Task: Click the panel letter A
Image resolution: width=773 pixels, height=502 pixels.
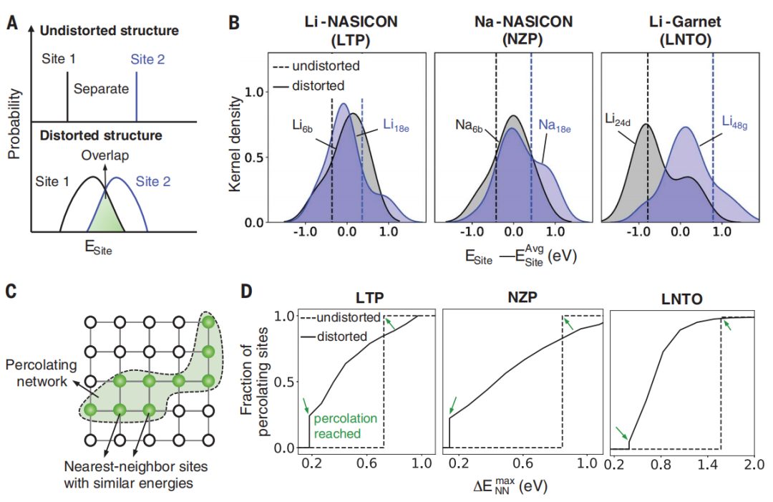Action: [x=12, y=24]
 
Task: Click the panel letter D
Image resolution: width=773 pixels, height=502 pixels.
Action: [x=246, y=291]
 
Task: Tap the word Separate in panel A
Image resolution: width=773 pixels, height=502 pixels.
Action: [x=102, y=90]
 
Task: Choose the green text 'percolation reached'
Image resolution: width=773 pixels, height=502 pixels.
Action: [x=345, y=425]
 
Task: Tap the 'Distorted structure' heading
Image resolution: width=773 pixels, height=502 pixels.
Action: [x=100, y=135]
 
